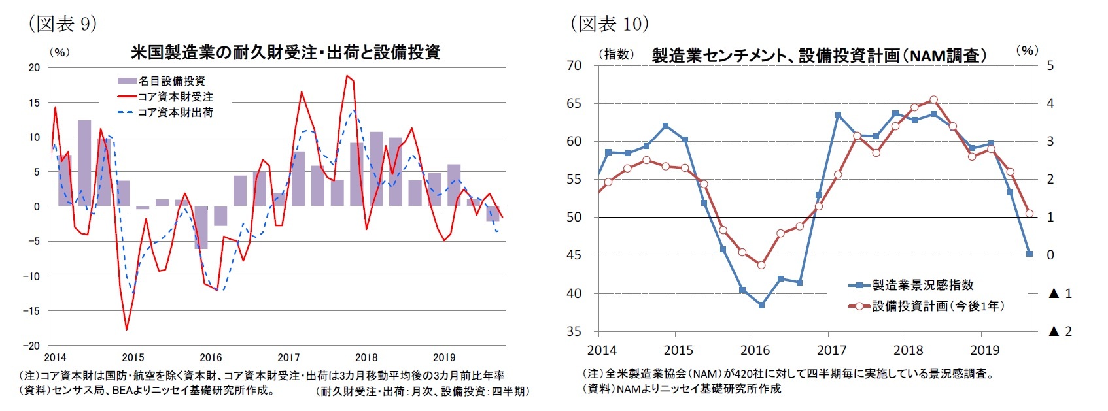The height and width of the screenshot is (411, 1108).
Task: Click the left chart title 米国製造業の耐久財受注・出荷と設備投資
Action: point(285,52)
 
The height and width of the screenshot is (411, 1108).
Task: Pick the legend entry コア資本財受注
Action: point(175,97)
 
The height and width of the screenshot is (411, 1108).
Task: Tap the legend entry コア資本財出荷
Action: point(175,112)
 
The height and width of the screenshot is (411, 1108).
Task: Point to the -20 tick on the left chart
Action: point(33,346)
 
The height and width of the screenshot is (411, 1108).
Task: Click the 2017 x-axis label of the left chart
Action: point(288,357)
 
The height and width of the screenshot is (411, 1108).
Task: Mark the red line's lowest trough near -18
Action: point(126,329)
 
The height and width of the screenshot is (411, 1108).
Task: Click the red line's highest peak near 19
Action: point(347,76)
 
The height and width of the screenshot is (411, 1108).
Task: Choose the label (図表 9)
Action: point(62,24)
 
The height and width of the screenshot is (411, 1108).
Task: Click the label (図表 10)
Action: point(610,24)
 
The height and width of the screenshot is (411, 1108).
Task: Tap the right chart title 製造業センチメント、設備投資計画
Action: point(819,56)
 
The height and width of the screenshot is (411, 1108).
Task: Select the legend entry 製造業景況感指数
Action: point(922,285)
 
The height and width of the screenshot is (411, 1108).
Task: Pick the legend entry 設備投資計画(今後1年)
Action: point(937,306)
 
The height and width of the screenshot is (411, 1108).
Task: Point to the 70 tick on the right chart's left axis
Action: point(574,65)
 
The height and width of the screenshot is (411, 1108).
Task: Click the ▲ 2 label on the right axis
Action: point(1060,331)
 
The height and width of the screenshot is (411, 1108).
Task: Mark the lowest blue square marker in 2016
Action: point(761,305)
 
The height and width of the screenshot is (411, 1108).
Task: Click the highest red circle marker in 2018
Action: point(933,100)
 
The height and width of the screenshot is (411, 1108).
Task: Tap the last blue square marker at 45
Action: point(1030,254)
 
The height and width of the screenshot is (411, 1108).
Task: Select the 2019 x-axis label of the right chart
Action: point(984,350)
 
